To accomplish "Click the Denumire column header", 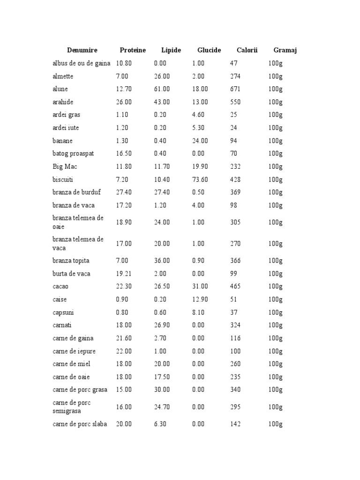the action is coord(82,50).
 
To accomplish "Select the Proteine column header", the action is coord(133,50).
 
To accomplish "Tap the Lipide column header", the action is coord(171,50).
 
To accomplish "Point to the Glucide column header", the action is coord(209,50).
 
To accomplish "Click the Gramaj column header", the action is coord(285,50).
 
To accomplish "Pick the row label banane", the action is coord(62,141).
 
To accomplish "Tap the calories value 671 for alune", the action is coord(235,89).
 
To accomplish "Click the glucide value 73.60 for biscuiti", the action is coord(200,180).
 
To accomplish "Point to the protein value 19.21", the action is coord(124,274).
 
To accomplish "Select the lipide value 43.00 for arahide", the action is coord(162,102).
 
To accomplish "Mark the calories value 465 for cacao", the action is coord(235,286).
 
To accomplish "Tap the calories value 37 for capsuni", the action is coord(233,313).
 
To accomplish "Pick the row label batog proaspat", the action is coord(73,154).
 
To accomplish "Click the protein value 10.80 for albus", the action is coord(124,63).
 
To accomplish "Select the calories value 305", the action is coord(235,222).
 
